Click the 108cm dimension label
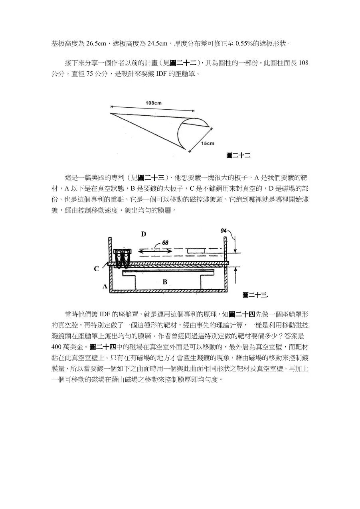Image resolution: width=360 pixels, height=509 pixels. (153, 103)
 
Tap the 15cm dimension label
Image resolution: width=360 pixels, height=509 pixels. (208, 143)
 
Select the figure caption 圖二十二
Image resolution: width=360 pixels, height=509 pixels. (238, 156)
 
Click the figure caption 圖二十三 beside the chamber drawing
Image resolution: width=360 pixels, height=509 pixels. (256, 295)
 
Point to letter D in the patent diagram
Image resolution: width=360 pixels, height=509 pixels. (143, 234)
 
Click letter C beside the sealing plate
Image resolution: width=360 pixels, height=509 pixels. (96, 269)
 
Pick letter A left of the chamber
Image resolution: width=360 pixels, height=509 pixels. (105, 286)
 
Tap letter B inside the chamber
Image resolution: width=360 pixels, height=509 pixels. (164, 282)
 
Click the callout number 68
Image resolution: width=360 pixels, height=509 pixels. (165, 243)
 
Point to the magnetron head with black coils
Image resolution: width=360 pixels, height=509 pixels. (123, 257)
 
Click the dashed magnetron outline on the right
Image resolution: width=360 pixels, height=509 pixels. (196, 250)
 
